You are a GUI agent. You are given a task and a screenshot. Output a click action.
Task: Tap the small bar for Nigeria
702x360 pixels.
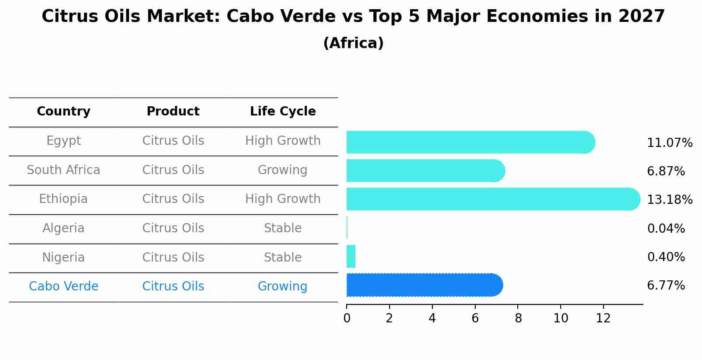tap(351, 256)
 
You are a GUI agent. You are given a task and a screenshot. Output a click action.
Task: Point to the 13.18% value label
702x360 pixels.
tap(669, 200)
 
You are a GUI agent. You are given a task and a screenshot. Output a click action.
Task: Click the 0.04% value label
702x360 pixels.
tap(666, 228)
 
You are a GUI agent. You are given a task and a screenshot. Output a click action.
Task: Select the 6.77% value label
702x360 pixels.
tap(666, 286)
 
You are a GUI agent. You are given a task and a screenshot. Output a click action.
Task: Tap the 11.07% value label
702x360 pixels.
tap(669, 143)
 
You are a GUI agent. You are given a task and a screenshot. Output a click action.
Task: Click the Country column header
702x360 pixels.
tap(63, 112)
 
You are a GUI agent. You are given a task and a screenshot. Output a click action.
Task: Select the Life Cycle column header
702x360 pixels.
tap(283, 112)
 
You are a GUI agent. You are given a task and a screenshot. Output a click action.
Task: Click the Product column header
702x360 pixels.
tap(173, 112)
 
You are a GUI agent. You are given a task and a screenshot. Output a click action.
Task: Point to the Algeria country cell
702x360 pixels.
tap(63, 228)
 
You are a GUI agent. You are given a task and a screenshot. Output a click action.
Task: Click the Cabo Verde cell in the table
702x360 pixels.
tap(63, 287)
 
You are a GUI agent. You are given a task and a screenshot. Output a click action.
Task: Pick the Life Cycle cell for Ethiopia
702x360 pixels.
tap(283, 199)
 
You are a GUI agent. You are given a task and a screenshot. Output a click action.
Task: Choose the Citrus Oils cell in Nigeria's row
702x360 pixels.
tap(173, 257)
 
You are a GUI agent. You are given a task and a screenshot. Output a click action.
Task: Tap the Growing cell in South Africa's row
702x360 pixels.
tap(283, 170)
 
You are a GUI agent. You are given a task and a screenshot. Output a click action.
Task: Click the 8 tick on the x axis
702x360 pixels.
tap(518, 318)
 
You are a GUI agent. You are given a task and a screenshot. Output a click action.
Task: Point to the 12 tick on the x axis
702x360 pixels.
tap(603, 318)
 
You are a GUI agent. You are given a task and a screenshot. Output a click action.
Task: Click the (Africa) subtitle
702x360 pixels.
tap(353, 43)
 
